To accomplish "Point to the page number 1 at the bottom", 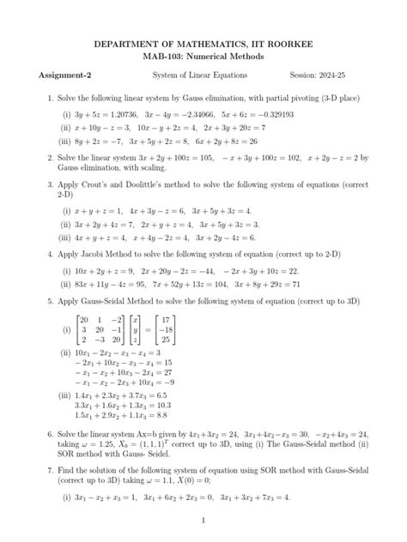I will click(x=203, y=521).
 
